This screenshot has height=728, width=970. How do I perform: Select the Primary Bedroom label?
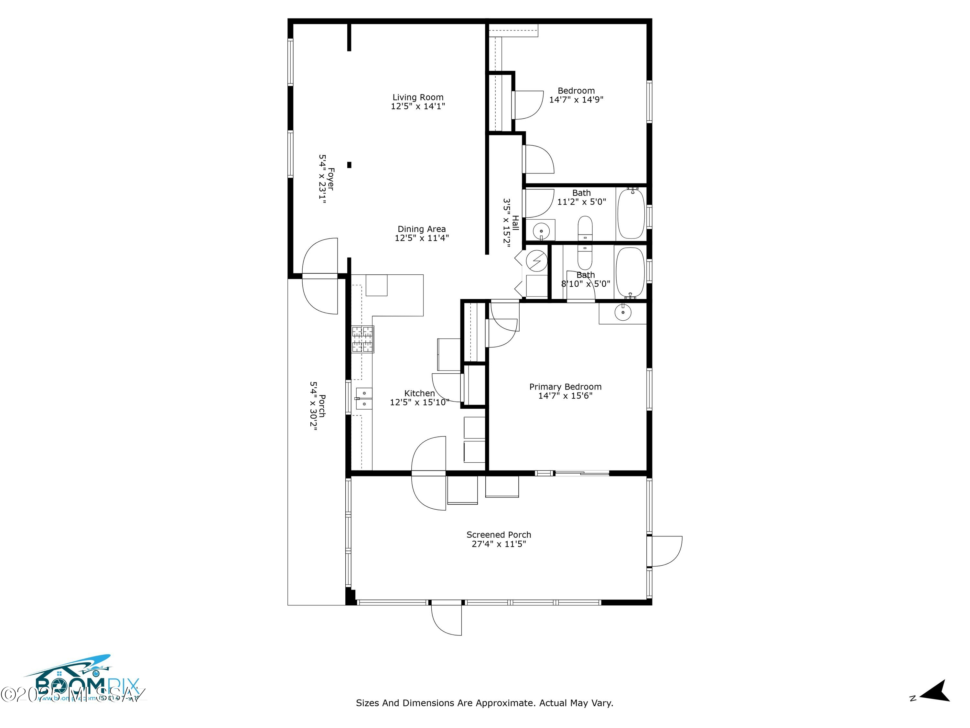coord(565,387)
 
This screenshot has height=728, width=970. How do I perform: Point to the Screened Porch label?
coord(499,535)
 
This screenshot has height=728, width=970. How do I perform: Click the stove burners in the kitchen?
coord(363,339)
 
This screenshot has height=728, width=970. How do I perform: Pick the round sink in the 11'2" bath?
coord(541,231)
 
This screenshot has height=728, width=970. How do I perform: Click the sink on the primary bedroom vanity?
coord(622,313)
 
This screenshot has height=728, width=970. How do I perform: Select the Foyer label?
coord(326,179)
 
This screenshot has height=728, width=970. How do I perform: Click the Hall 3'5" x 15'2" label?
coord(511,223)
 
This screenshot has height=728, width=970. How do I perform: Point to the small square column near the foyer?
coord(349,165)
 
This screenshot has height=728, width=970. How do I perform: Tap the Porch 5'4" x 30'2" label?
coord(318,406)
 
